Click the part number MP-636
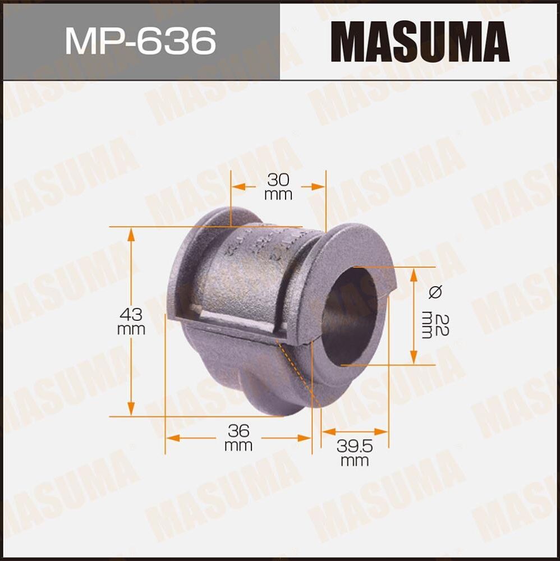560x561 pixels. click(x=140, y=40)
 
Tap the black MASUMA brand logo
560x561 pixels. click(x=420, y=41)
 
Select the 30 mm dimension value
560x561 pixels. click(x=278, y=187)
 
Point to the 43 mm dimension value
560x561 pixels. click(x=131, y=321)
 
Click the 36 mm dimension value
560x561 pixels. click(x=238, y=438)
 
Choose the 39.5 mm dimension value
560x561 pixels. click(x=355, y=453)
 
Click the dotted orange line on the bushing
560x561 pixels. click(x=297, y=373)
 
